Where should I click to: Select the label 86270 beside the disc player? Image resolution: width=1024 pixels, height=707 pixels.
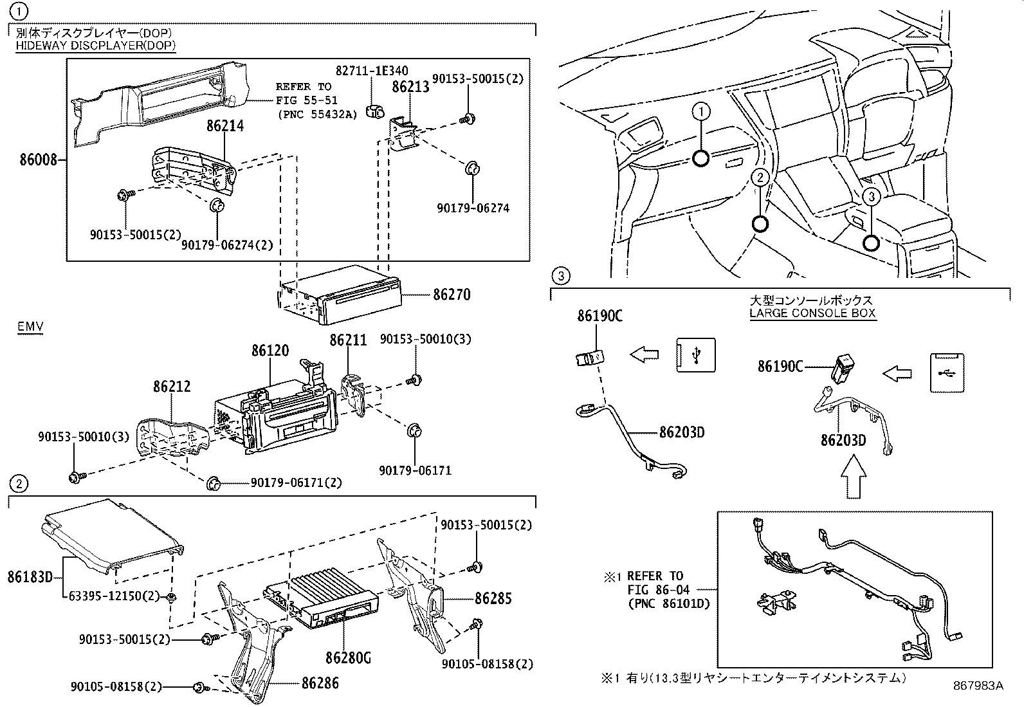coord(451,295)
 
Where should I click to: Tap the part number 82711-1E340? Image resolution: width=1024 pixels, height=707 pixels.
coord(371,71)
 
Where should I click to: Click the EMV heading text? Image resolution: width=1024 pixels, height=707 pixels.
coord(30,327)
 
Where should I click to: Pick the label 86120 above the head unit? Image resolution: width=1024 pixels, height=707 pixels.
coord(270,351)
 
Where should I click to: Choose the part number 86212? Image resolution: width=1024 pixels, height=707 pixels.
coord(172,387)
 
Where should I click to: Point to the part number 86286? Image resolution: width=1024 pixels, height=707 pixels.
coord(320,683)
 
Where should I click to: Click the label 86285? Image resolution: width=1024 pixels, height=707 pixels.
coord(493,598)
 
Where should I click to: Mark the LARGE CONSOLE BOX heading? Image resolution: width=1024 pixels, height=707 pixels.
coord(812,314)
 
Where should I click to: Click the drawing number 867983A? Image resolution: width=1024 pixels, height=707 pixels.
coord(978,686)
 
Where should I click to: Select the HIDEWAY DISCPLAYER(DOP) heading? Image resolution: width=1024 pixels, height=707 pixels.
coord(95,45)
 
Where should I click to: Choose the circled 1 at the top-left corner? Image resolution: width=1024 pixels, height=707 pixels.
coord(21,10)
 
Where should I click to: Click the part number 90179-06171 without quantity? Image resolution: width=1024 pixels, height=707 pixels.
coord(415,470)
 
